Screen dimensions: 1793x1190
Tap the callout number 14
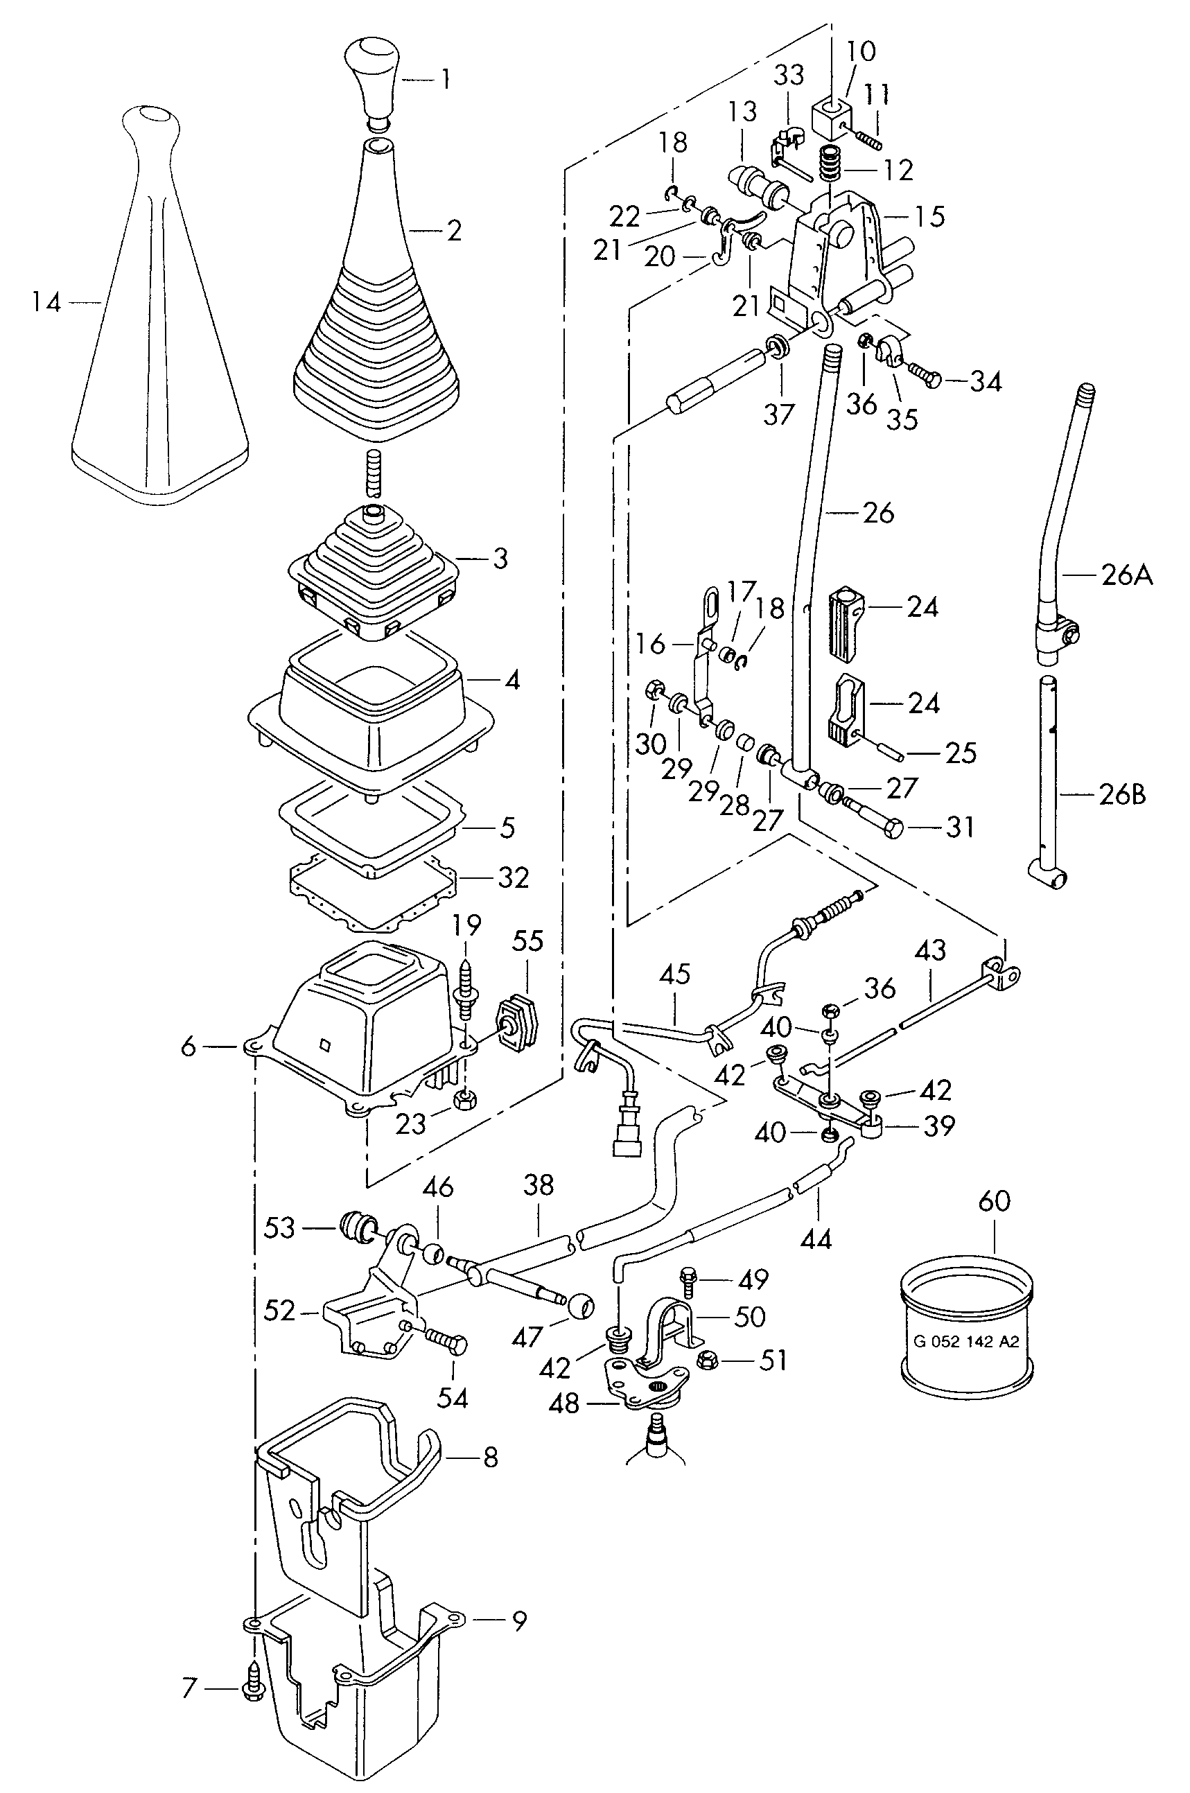coord(46,303)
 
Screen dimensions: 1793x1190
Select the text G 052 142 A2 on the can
coord(966,1341)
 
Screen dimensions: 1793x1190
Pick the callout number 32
coord(512,877)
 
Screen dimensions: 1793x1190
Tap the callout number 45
coord(674,974)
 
